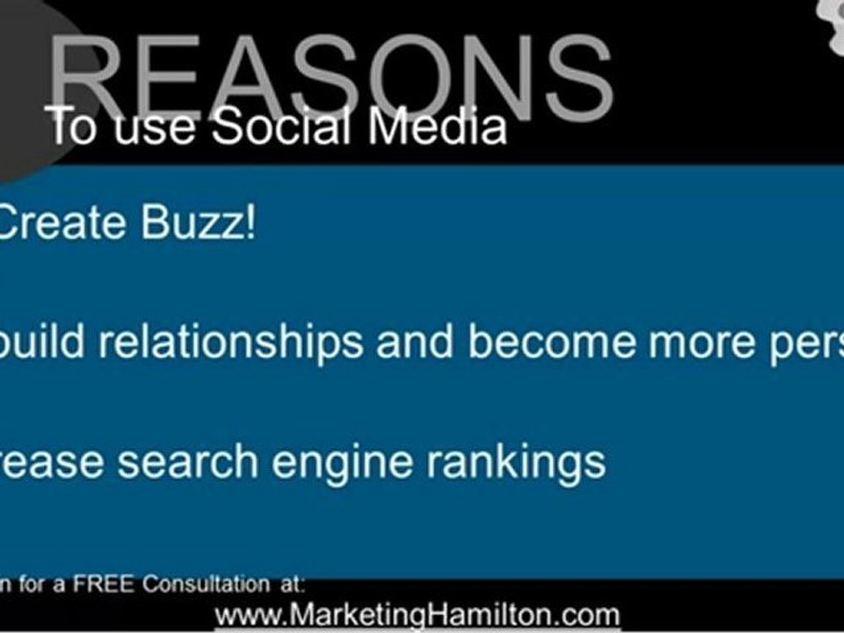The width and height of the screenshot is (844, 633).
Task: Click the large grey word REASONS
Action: point(330,75)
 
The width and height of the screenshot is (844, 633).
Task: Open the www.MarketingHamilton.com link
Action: point(418,615)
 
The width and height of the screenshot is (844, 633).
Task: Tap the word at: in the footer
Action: point(291,585)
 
